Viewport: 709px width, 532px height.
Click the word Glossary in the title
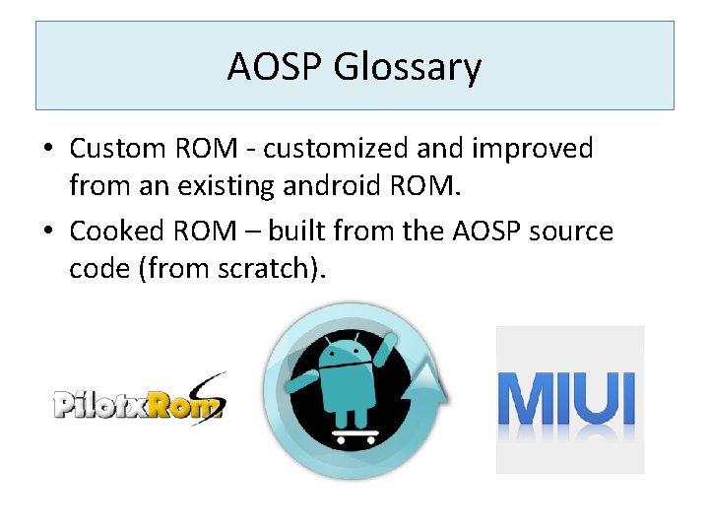point(408,68)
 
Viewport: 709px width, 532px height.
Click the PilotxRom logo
point(139,401)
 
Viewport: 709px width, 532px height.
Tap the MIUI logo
point(569,399)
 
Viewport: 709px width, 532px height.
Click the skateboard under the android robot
point(354,434)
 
